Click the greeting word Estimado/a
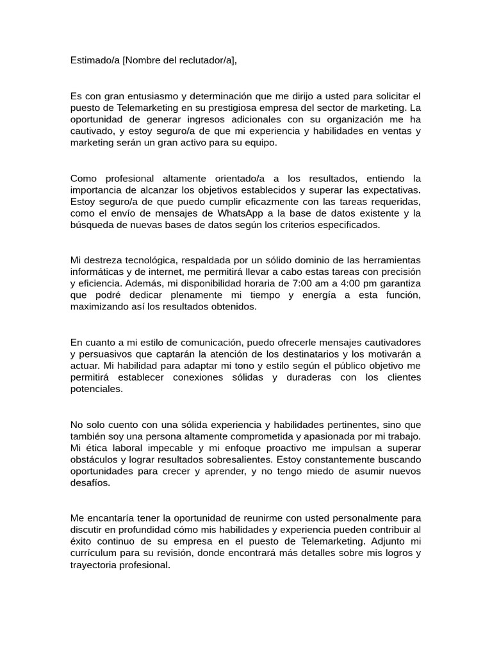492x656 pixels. (x=95, y=60)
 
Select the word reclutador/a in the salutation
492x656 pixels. (x=206, y=60)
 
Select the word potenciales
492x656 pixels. (x=95, y=389)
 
